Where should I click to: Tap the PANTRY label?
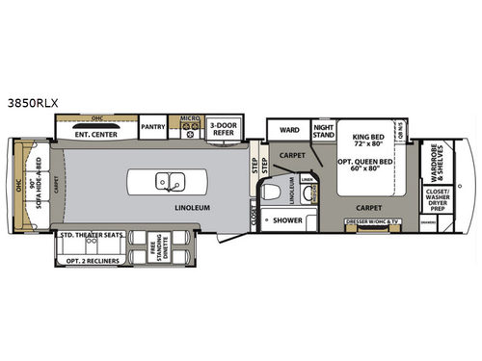pyautogui.click(x=152, y=126)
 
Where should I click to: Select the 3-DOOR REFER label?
pyautogui.click(x=223, y=130)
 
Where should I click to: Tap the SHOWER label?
pyautogui.click(x=287, y=220)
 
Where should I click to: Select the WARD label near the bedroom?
pyautogui.click(x=289, y=129)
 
